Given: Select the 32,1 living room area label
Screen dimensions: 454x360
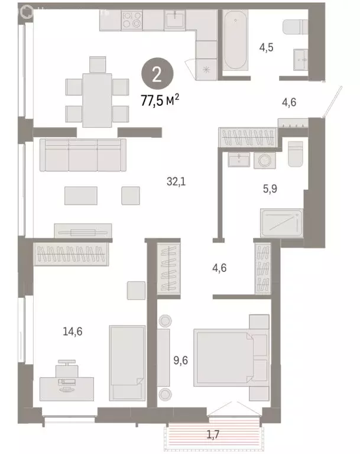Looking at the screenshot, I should coord(176,182).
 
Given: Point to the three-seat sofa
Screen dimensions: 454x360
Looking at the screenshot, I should coord(83,155).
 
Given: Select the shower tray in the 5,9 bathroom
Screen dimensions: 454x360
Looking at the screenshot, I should coord(281,223).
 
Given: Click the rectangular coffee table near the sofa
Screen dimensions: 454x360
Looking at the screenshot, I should coord(80,196).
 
